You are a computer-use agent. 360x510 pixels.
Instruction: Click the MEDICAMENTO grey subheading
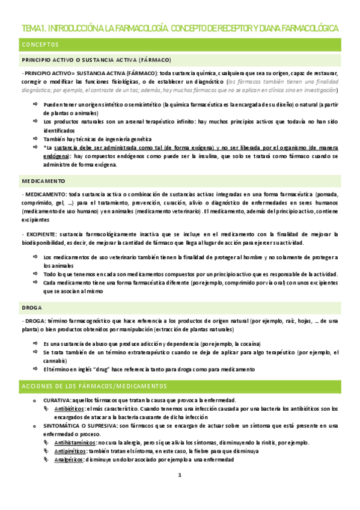tap(43, 180)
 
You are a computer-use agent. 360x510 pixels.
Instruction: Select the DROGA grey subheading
tap(31, 307)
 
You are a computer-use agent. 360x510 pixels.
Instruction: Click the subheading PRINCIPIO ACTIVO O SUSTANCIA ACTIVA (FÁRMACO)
tap(96, 60)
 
